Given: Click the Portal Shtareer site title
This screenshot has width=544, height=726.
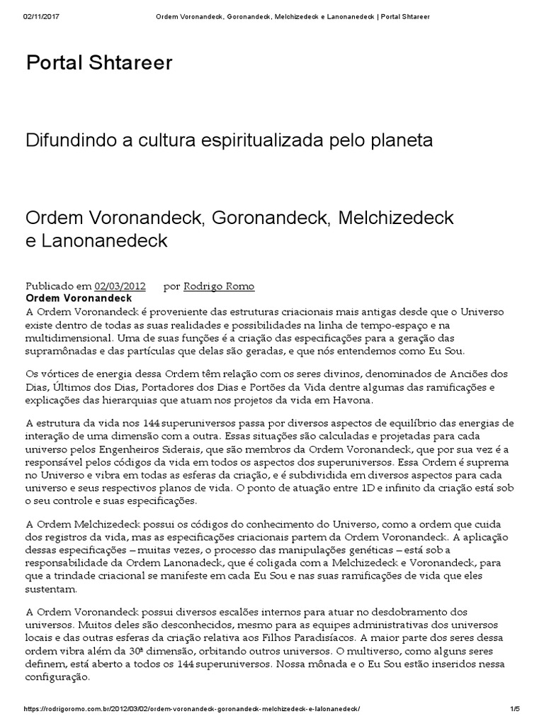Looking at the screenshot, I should [x=99, y=63].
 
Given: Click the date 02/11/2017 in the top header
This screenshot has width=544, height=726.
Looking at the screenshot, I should [x=42, y=16].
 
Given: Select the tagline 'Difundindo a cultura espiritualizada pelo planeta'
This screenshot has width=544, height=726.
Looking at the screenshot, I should [x=229, y=140].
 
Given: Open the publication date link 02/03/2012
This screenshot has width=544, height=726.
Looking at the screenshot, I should [x=120, y=286].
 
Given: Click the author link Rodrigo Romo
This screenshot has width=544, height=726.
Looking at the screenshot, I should [x=219, y=286].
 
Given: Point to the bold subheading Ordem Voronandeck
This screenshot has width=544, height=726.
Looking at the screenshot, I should [x=74, y=298].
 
